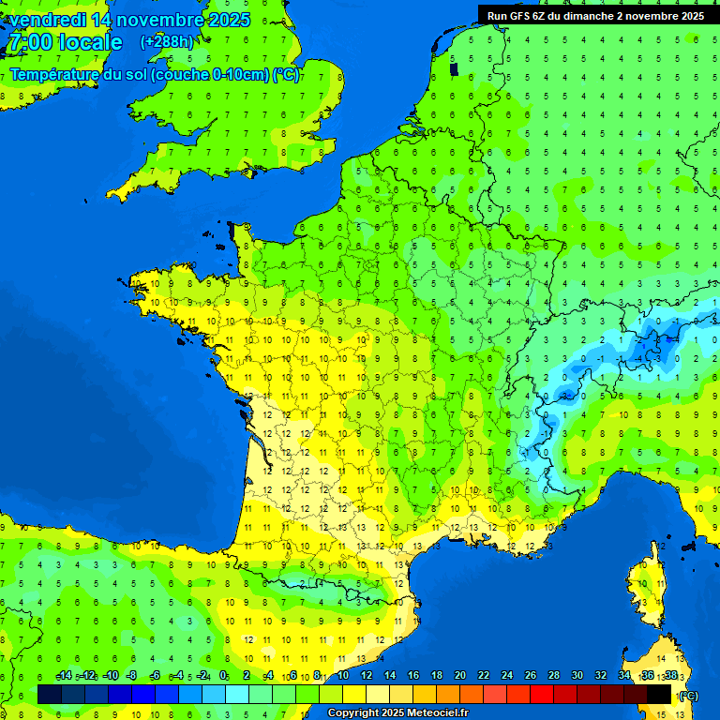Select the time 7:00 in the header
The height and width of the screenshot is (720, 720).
point(28,42)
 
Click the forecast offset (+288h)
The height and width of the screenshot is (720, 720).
point(167,42)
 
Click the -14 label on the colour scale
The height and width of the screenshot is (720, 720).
point(64,676)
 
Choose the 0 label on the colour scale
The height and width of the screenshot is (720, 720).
point(223,676)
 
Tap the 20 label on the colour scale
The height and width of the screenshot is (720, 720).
point(459,676)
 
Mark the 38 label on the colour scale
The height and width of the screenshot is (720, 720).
point(670,676)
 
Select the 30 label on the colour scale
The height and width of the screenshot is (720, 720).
point(577,676)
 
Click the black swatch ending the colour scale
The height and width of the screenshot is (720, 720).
point(659,694)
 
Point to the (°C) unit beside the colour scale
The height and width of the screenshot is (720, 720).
point(688,695)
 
